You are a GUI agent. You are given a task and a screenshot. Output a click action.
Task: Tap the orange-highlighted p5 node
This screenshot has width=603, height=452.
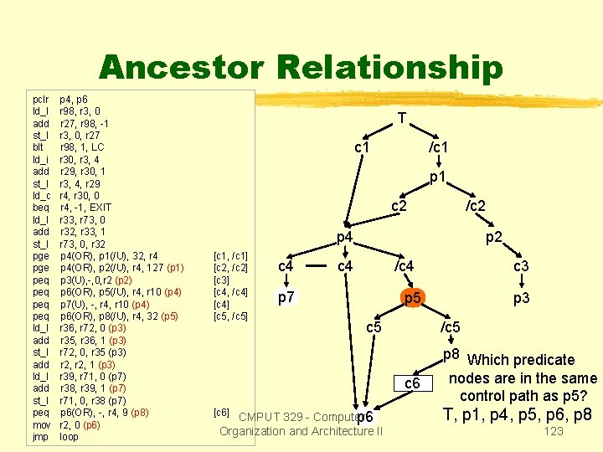click(x=412, y=298)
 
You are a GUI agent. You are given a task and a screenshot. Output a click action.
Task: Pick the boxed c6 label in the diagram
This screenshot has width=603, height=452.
click(x=412, y=383)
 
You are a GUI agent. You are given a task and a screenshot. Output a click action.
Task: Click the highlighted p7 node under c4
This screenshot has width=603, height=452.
click(x=286, y=297)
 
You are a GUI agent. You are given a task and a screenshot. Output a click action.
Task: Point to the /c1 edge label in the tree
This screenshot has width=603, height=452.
click(x=438, y=148)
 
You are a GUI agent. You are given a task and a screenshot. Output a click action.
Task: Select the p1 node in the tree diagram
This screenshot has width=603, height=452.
click(x=436, y=177)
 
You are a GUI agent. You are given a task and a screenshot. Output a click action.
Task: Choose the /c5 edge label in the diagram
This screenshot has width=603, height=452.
click(x=451, y=326)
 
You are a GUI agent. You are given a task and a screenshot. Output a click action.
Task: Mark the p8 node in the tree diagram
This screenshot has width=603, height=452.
click(x=452, y=354)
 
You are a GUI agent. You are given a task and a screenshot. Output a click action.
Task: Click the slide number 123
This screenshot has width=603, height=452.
click(x=554, y=432)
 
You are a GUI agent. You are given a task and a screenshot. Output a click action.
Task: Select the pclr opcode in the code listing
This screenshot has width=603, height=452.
click(x=39, y=99)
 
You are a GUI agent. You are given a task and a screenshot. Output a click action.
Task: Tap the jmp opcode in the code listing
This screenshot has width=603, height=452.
click(x=39, y=437)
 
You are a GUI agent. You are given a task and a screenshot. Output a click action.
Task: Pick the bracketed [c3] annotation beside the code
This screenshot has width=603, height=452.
click(x=222, y=280)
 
